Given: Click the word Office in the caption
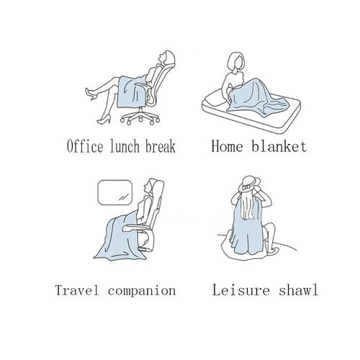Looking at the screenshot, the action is click(85, 146).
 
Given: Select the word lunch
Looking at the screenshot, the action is click(125, 146).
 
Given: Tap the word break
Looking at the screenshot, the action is click(161, 146).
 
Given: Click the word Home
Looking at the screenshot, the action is click(227, 146).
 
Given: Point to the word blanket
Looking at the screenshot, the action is click(279, 146).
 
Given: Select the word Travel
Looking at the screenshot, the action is click(77, 290).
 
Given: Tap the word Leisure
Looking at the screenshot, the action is click(241, 290).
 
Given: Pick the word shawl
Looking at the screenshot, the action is click(298, 290).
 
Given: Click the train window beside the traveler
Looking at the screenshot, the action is click(115, 192).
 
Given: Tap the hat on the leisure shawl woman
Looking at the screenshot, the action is click(249, 184).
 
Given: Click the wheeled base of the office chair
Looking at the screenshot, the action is click(140, 118).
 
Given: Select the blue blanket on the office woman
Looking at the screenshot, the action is click(131, 91).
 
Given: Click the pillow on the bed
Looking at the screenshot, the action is click(216, 99).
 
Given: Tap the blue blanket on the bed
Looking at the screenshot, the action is click(254, 99).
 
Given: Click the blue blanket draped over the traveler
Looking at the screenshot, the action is click(121, 238).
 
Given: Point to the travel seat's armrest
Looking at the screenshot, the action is click(136, 228).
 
